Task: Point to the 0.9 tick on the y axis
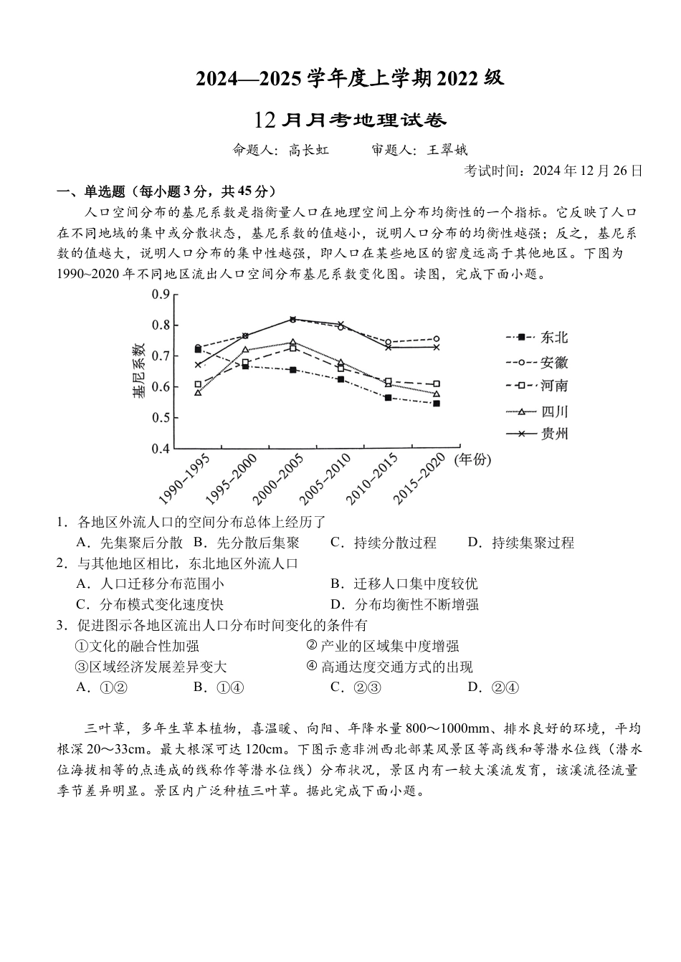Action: [161, 294]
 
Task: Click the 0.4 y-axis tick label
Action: [161, 449]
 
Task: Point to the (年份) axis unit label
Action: [472, 459]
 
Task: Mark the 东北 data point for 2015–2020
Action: [436, 404]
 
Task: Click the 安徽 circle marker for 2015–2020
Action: [436, 339]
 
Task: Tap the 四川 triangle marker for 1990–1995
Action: [198, 393]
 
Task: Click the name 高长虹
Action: [309, 151]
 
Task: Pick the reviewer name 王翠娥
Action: [448, 151]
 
